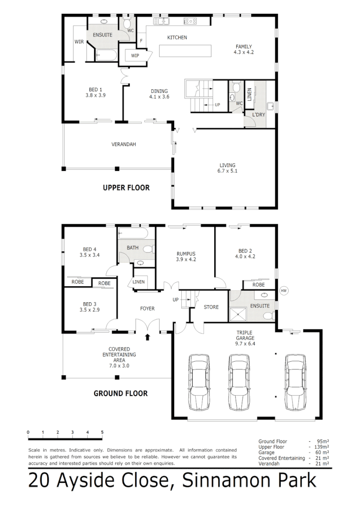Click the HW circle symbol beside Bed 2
(283, 290)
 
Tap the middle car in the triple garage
(239, 383)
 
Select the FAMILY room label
(243, 47)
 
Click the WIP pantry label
(136, 55)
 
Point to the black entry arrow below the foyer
(148, 338)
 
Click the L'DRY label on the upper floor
(259, 114)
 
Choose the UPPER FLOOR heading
(126, 188)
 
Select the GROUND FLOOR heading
(121, 394)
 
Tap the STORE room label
(211, 307)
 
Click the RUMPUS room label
(186, 253)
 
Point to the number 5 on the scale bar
(102, 432)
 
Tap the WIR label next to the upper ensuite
(79, 42)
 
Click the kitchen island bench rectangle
(185, 51)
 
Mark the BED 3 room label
(89, 304)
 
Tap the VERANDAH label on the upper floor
(123, 145)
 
